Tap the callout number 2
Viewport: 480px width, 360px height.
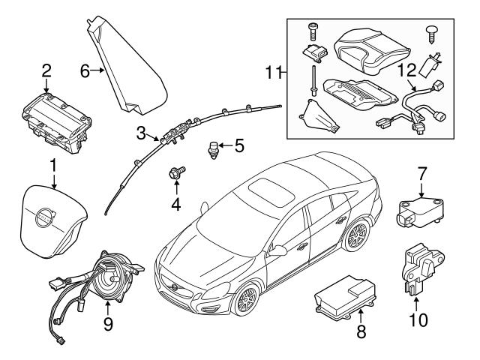pos(46,71)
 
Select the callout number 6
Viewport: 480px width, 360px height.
pos(85,71)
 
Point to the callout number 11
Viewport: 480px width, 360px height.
pos(274,72)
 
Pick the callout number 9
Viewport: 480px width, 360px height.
pos(108,324)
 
